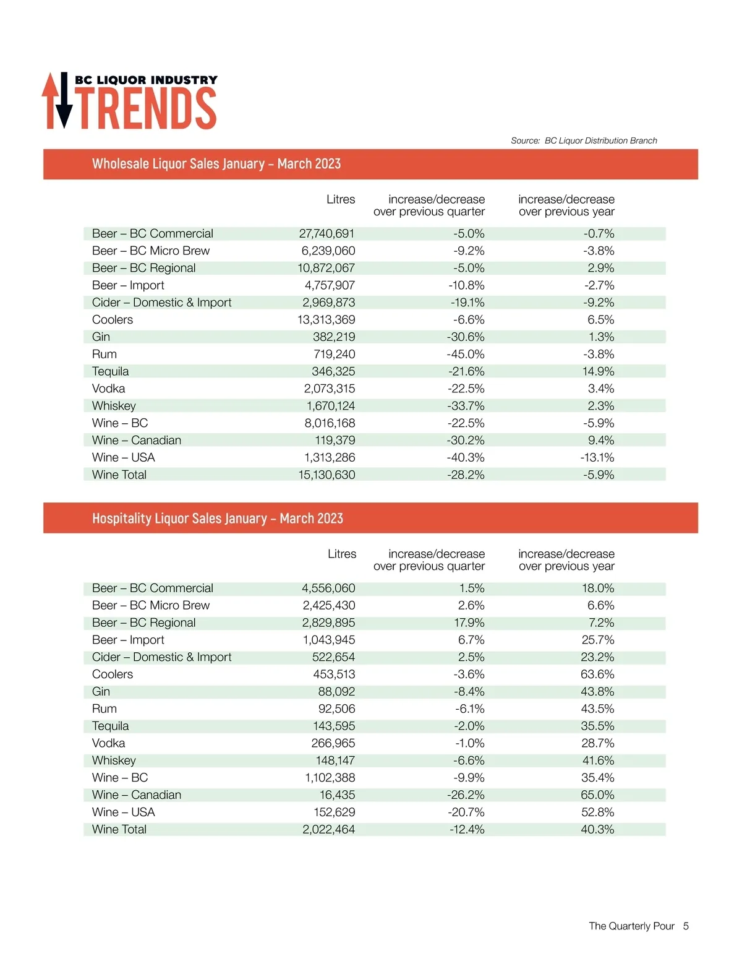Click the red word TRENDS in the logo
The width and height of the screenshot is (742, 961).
pyautogui.click(x=148, y=108)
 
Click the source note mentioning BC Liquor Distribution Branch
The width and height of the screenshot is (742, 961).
pyautogui.click(x=584, y=140)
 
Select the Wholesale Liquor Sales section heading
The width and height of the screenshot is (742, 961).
pyautogui.click(x=216, y=164)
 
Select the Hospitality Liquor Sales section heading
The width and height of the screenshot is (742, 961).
pyautogui.click(x=218, y=519)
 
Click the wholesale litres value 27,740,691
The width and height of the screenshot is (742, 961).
pyautogui.click(x=326, y=234)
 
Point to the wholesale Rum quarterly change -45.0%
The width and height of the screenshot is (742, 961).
pyautogui.click(x=466, y=355)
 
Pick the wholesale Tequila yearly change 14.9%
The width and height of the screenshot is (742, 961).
pyautogui.click(x=598, y=372)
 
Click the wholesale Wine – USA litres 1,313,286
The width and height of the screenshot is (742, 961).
pyautogui.click(x=329, y=458)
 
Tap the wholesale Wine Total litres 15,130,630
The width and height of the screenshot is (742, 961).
pyautogui.click(x=326, y=475)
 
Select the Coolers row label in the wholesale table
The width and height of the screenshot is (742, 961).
pyautogui.click(x=113, y=320)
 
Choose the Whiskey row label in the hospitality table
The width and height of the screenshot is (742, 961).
pyautogui.click(x=114, y=761)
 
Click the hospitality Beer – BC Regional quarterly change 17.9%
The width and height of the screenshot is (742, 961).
pyautogui.click(x=469, y=623)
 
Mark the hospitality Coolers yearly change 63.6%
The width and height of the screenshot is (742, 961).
pyautogui.click(x=597, y=674)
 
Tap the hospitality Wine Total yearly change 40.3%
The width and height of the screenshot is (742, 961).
pyautogui.click(x=597, y=830)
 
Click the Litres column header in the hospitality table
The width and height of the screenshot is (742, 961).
pyautogui.click(x=342, y=554)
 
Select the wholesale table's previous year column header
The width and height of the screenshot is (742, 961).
pyautogui.click(x=566, y=205)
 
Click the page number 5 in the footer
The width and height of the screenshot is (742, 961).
pyautogui.click(x=686, y=926)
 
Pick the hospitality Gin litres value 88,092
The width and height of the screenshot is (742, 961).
pyautogui.click(x=336, y=692)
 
